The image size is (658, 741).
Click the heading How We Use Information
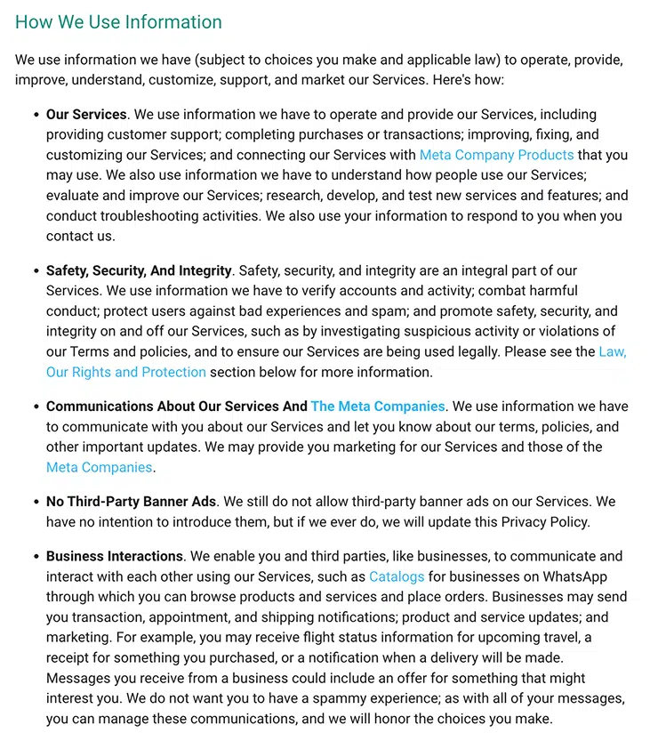click(118, 22)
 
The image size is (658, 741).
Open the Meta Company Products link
click(496, 155)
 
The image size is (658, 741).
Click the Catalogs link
click(396, 576)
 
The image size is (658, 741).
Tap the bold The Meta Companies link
click(377, 406)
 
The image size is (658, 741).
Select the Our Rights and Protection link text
click(125, 372)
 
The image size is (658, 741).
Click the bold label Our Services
click(86, 114)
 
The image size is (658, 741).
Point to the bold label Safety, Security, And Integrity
click(138, 270)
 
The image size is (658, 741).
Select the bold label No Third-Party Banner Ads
click(131, 502)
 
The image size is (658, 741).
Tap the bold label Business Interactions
click(114, 556)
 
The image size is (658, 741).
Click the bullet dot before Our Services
click(36, 115)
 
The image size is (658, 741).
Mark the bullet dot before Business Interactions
click(36, 557)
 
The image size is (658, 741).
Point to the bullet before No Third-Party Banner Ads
click(36, 503)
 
